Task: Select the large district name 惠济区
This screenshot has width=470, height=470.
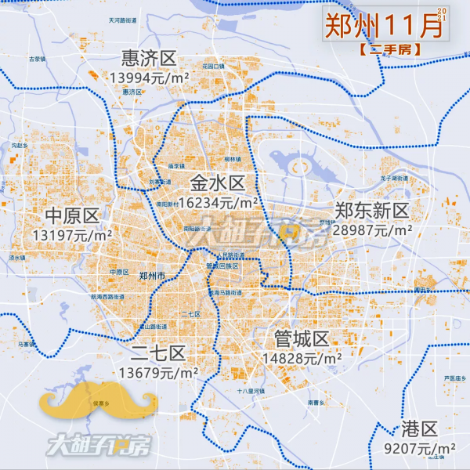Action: (x=150, y=58)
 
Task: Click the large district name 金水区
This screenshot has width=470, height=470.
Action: (x=217, y=183)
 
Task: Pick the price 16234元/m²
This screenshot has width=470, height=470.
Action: (x=219, y=202)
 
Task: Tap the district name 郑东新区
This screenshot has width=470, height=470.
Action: (x=371, y=211)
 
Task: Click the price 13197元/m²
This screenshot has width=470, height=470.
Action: (x=73, y=234)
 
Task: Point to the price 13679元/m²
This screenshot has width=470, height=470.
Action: (x=159, y=372)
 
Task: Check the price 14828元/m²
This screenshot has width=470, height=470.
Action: (x=302, y=357)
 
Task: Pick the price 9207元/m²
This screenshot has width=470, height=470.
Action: (x=421, y=449)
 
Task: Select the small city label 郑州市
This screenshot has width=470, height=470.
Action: (x=151, y=277)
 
